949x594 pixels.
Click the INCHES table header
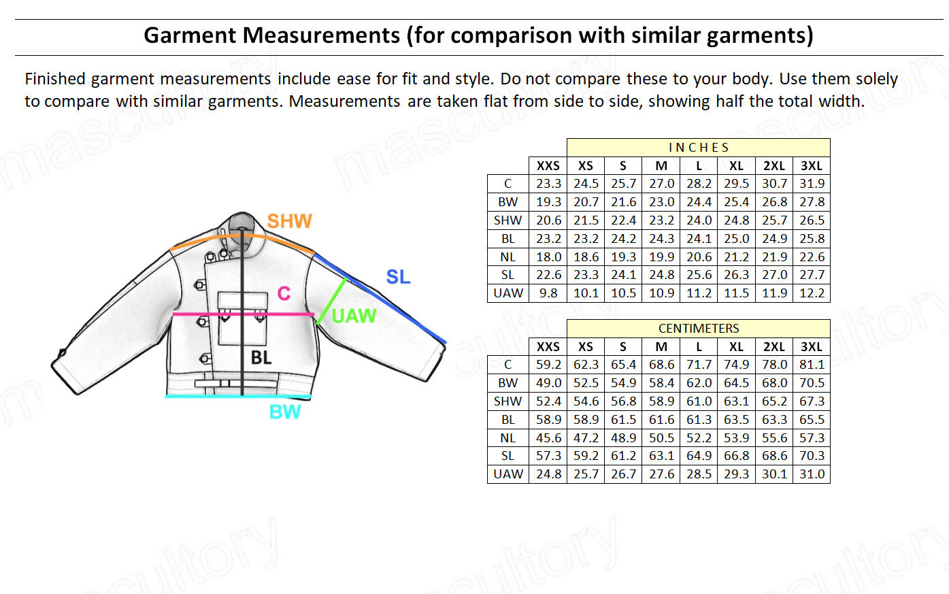pyautogui.click(x=698, y=148)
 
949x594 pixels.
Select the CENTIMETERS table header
pyautogui.click(x=698, y=329)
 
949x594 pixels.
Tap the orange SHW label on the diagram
pyautogui.click(x=289, y=221)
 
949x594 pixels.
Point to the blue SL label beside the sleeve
pyautogui.click(x=398, y=277)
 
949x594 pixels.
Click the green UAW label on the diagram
pyautogui.click(x=354, y=316)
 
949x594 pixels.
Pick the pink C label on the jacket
pyautogui.click(x=284, y=293)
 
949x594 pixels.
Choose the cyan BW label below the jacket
pyautogui.click(x=285, y=412)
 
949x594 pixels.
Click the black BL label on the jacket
pyautogui.click(x=261, y=357)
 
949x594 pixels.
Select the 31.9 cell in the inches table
pyautogui.click(x=812, y=184)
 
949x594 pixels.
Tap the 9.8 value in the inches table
pyautogui.click(x=548, y=293)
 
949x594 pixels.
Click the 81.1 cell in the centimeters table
pyautogui.click(x=812, y=365)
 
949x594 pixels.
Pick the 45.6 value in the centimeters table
pyautogui.click(x=548, y=438)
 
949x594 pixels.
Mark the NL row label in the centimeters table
pyautogui.click(x=507, y=438)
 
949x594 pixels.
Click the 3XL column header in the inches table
pyautogui.click(x=812, y=166)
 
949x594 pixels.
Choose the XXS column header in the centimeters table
pyautogui.click(x=548, y=347)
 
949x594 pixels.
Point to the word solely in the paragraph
pyautogui.click(x=876, y=79)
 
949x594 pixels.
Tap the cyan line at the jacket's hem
pyautogui.click(x=238, y=396)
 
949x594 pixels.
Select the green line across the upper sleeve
pyautogui.click(x=331, y=299)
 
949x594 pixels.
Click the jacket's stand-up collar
pyautogui.click(x=242, y=228)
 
